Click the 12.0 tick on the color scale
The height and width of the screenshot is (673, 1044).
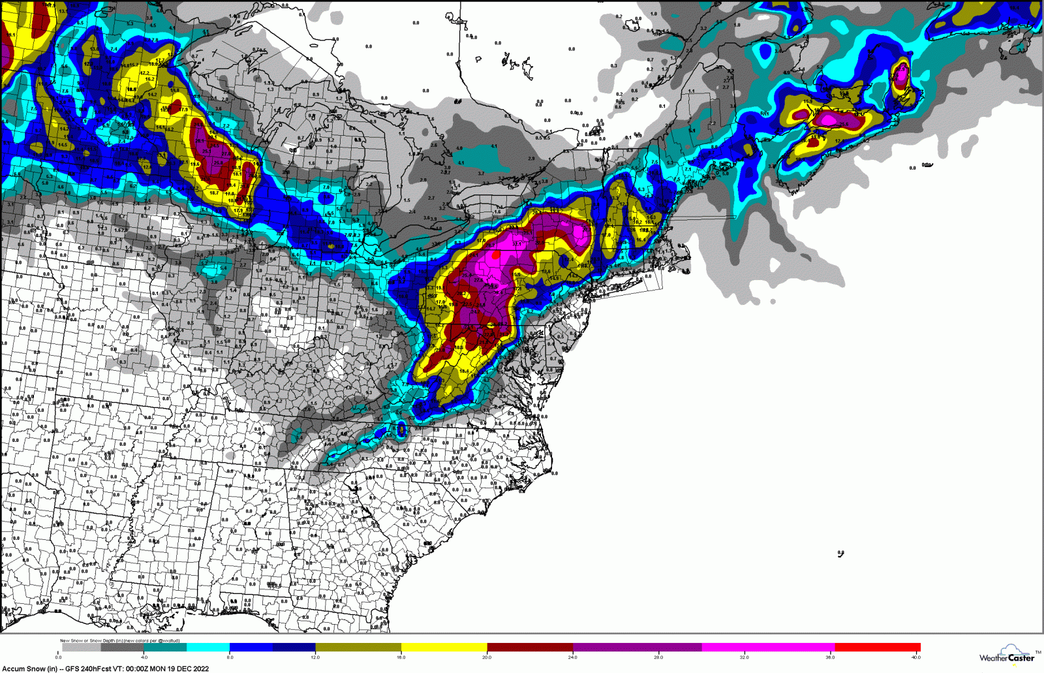coord(315,657)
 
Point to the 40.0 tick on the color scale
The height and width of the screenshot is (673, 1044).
coord(916,657)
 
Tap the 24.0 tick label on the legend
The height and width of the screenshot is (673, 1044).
coord(572,657)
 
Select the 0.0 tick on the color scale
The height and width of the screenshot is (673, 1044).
coord(59,657)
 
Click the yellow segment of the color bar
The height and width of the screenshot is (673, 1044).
coord(444,648)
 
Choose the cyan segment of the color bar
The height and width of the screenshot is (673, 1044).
coord(208,648)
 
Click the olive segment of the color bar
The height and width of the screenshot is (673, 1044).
coord(358,648)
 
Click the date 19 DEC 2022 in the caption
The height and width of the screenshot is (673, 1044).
coord(188,668)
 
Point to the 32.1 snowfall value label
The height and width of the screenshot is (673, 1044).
coord(517,243)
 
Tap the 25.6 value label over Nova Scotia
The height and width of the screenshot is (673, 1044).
coord(844,124)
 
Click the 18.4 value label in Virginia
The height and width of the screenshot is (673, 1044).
coord(464,371)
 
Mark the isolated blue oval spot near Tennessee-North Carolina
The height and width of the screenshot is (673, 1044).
coord(401,429)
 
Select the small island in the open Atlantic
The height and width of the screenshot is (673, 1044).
coord(840,554)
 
